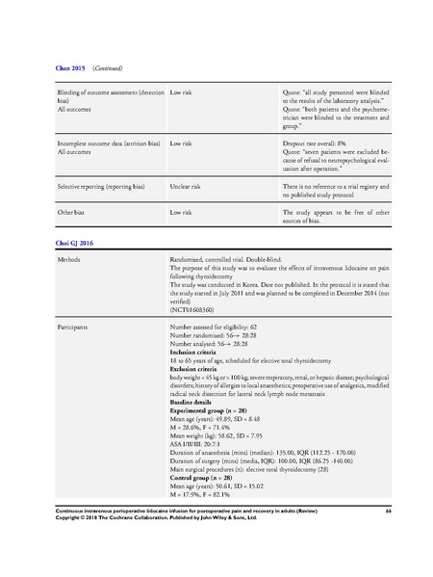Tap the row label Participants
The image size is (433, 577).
tap(75, 328)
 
